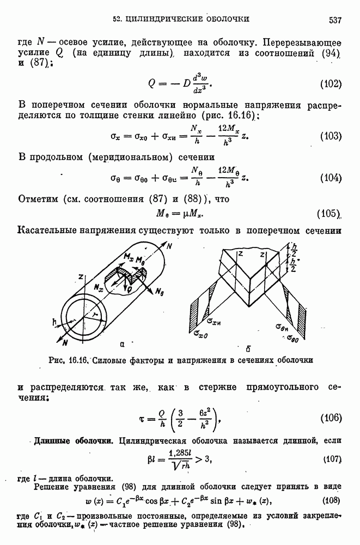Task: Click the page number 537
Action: (x=335, y=20)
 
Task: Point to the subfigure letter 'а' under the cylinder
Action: (x=123, y=344)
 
